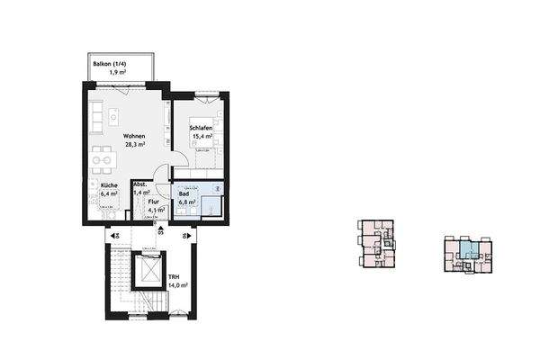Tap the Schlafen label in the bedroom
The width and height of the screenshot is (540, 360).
coord(200,129)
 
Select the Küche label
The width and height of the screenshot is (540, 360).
coord(110,184)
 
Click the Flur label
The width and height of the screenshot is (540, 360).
coord(156,202)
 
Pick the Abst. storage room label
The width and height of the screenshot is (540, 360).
coord(139,184)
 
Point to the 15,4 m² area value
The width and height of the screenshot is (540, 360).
coord(200,137)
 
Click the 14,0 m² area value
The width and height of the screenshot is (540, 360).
coord(176,286)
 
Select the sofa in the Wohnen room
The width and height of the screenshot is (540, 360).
coord(97,115)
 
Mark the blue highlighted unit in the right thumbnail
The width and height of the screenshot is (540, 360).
coord(465,249)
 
